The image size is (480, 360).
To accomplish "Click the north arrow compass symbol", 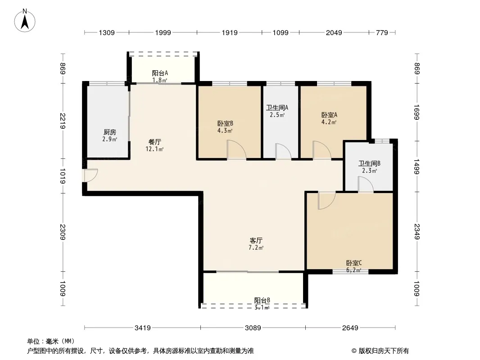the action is tap(25, 21).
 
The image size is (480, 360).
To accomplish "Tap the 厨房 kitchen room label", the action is tap(110, 132).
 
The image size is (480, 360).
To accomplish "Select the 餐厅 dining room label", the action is tap(154, 142).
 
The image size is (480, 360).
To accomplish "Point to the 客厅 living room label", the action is tap(256, 240).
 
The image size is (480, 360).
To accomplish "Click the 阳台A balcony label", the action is tap(160, 73).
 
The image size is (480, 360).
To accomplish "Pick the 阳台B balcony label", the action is tap(262, 300).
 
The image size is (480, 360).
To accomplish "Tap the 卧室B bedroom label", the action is tap(225, 124).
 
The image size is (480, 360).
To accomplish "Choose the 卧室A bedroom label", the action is tap(330, 115).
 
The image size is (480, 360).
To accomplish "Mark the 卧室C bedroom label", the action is tap(354, 263).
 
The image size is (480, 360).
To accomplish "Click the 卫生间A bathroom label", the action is tap(277, 108).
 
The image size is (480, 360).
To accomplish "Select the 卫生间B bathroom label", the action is tap(370, 164).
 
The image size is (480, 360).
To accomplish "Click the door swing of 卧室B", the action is tap(237, 149).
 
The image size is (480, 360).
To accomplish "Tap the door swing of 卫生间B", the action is tap(366, 184).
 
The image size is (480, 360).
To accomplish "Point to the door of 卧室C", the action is tap(327, 201).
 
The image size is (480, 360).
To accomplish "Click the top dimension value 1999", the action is tap(163, 33).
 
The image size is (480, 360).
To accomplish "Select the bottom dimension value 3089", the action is tap(253, 328).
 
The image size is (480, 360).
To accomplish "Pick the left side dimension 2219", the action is tap(63, 121).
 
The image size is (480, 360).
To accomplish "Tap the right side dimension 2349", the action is tap(417, 232).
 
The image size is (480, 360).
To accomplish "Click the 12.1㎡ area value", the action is tap(154, 149).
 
